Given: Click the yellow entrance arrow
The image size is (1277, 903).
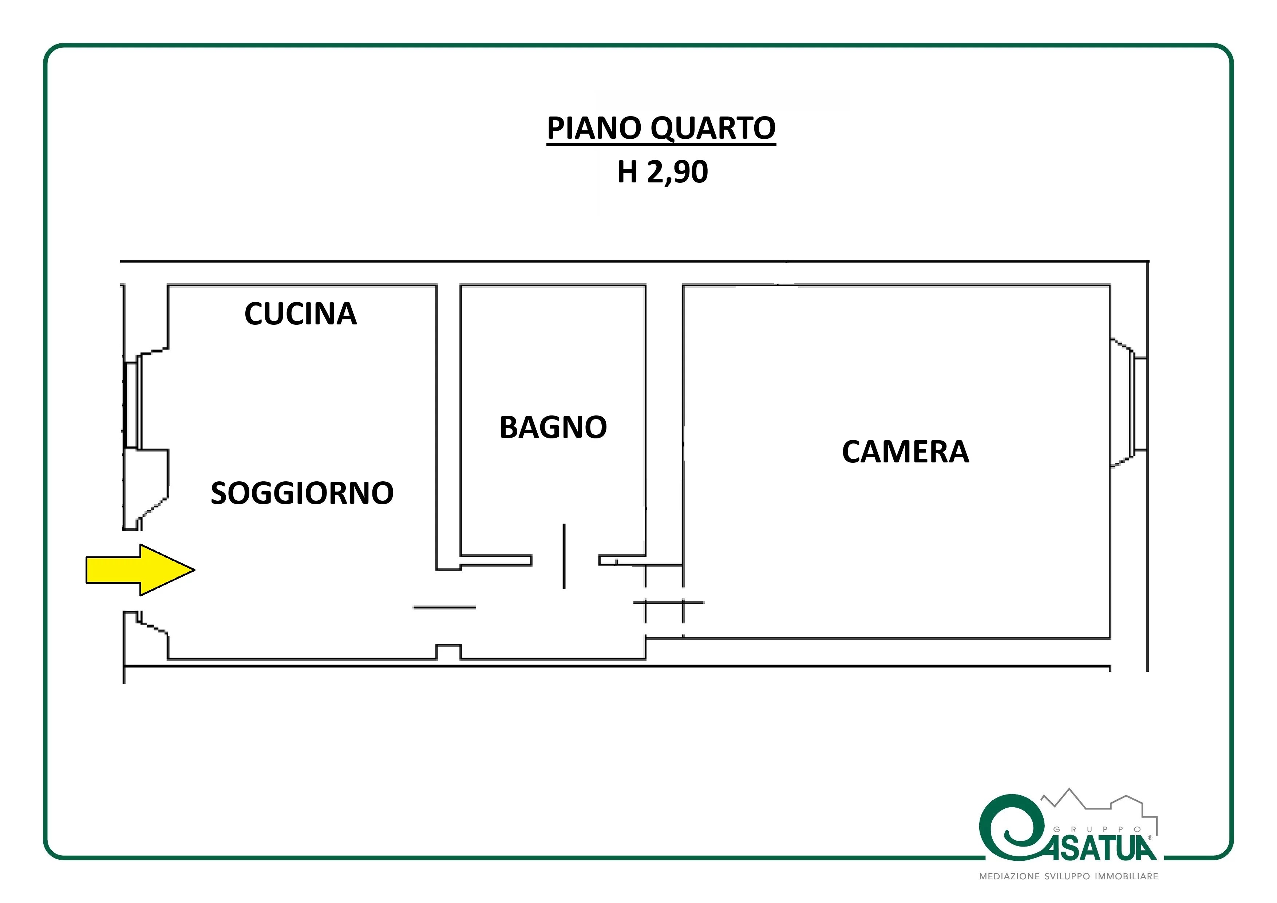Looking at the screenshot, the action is [x=140, y=570].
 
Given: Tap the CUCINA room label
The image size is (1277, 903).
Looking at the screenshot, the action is [x=300, y=314].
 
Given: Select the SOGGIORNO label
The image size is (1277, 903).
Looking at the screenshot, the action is [x=302, y=493].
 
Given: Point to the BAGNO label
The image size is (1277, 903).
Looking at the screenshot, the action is [x=553, y=427].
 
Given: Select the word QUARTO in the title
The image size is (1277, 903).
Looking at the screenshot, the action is [x=713, y=129].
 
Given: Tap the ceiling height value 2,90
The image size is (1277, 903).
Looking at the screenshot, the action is [x=677, y=172].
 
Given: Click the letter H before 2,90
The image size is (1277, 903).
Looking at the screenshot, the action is [x=627, y=171].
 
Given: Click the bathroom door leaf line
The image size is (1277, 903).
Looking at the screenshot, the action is [x=565, y=556].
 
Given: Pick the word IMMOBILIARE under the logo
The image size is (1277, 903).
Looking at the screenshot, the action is [x=1127, y=876].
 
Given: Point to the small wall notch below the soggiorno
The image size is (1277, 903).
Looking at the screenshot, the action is [x=448, y=651].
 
